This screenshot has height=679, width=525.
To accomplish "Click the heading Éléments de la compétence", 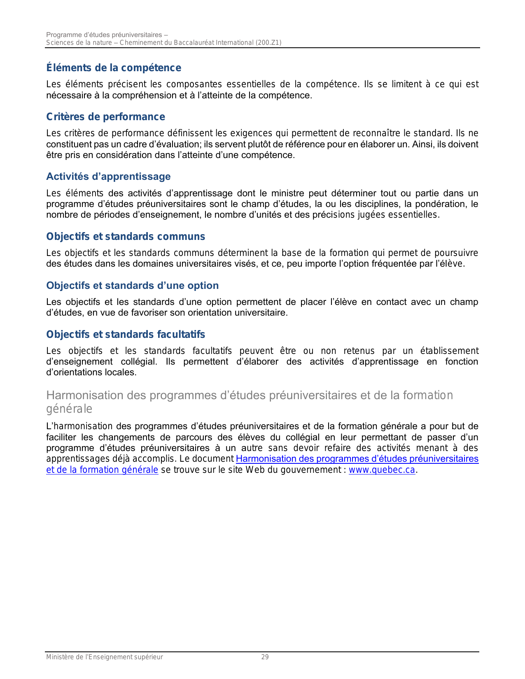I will click(x=114, y=68).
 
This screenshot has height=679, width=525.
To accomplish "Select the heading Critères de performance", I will click(x=105, y=117).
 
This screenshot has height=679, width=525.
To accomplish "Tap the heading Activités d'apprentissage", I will click(x=108, y=177).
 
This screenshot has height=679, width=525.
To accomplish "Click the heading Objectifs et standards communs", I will click(x=126, y=237).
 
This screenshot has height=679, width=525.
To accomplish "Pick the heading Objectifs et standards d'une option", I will click(x=132, y=286).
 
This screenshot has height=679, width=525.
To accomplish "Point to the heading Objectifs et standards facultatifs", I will click(x=126, y=335).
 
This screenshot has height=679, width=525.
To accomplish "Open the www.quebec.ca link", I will click(x=382, y=470).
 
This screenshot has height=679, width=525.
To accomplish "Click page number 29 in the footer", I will click(x=265, y=657).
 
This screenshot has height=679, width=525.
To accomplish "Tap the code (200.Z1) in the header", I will click(x=268, y=43).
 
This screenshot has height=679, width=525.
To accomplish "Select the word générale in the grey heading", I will click(x=69, y=409).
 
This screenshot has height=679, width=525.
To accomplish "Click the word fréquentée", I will click(x=394, y=264).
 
